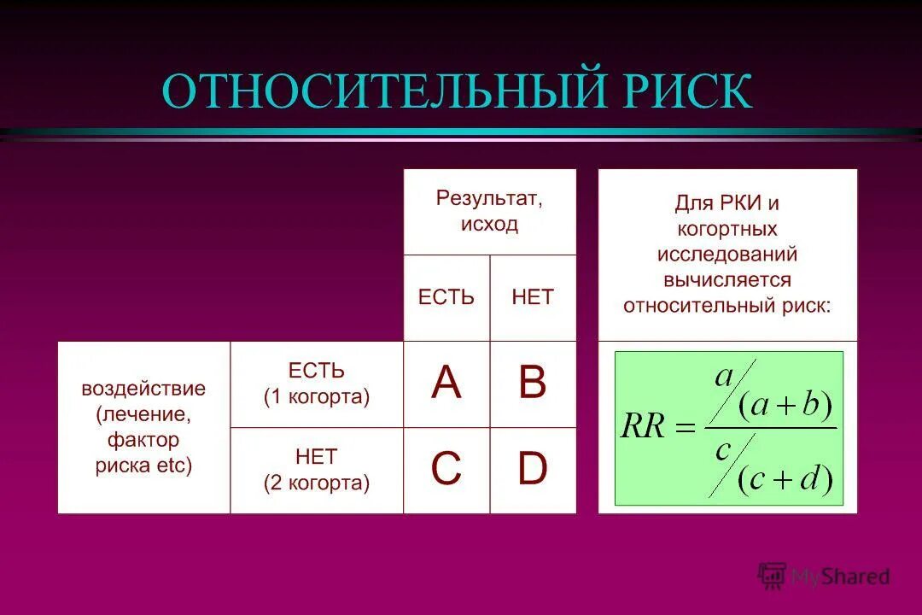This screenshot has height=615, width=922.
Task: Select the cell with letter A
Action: (x=446, y=384)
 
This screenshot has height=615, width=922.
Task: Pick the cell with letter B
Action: (x=533, y=384)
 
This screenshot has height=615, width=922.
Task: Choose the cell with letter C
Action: (x=446, y=469)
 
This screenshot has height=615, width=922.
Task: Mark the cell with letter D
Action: (x=533, y=469)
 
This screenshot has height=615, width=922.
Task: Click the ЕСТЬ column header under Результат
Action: (x=446, y=297)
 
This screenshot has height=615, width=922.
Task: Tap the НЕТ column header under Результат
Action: (x=533, y=297)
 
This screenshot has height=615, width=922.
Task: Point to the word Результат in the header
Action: (x=489, y=198)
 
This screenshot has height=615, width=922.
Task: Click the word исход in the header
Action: (x=489, y=224)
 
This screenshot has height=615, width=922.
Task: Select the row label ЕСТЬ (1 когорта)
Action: (x=317, y=384)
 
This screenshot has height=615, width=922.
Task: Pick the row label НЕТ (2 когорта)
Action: (x=317, y=469)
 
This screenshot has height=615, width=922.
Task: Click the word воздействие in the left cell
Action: (x=143, y=389)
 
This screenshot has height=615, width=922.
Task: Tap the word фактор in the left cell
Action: (x=143, y=440)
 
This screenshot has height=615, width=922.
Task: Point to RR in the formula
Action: (x=643, y=426)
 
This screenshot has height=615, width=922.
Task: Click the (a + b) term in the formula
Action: (x=785, y=405)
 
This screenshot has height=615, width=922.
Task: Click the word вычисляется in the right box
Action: (x=727, y=280)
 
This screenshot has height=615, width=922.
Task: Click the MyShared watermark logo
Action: (x=824, y=576)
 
